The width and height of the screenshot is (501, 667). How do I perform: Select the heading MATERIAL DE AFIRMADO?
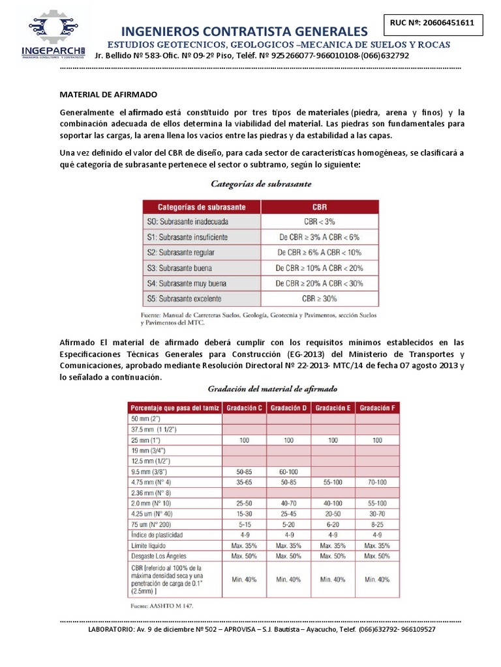[x=109, y=94]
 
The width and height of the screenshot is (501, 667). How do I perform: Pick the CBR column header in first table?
[x=319, y=207]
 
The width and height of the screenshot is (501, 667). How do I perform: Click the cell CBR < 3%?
[x=319, y=221]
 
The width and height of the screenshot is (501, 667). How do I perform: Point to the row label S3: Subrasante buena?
[x=180, y=268]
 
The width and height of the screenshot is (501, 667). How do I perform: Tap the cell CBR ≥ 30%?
[x=319, y=298]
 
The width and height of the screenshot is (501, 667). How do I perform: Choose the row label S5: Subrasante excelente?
[x=185, y=298]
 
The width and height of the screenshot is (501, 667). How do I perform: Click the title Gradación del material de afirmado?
[x=272, y=388]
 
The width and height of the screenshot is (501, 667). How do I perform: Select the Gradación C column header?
[x=244, y=408]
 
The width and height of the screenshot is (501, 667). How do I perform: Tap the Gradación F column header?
[x=376, y=408]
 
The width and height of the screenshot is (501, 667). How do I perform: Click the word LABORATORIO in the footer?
[x=112, y=630]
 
